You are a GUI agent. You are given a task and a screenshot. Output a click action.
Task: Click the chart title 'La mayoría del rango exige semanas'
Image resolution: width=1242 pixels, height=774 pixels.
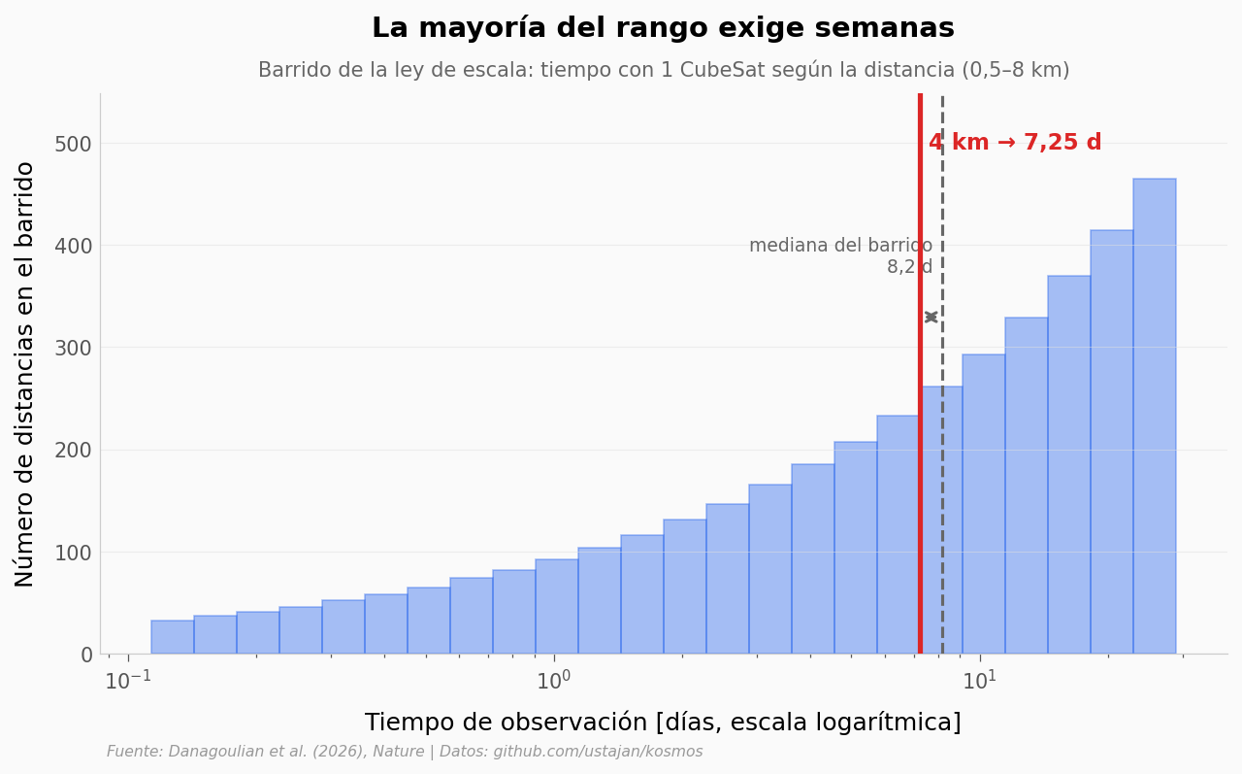(x=663, y=28)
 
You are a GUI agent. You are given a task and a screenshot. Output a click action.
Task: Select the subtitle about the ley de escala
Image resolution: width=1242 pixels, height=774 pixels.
(x=664, y=70)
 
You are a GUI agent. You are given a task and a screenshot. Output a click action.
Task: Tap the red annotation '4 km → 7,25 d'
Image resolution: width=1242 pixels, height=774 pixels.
(x=1015, y=142)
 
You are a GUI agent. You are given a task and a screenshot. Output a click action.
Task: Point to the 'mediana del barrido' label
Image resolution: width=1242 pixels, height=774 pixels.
(x=840, y=246)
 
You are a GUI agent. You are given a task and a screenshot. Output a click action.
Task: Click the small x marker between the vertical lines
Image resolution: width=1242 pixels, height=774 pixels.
(x=931, y=317)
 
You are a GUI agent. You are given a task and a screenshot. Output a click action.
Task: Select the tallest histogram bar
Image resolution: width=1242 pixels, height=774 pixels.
(x=1155, y=416)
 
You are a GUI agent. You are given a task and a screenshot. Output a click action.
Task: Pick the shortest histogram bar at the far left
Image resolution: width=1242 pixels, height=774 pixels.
(x=173, y=637)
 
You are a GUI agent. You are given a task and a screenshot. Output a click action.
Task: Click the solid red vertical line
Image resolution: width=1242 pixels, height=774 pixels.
(x=921, y=374)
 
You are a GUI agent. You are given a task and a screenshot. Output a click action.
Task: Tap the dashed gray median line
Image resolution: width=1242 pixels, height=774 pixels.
(x=942, y=374)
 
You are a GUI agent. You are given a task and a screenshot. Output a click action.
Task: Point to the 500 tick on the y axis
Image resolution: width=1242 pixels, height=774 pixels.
(x=73, y=144)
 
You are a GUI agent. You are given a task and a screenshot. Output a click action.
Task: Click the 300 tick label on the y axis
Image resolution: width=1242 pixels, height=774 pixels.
(x=73, y=348)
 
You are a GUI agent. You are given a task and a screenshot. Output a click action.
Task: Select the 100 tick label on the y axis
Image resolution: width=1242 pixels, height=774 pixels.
(x=73, y=553)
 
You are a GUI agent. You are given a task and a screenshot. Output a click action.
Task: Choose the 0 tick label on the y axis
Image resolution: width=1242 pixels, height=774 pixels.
(x=86, y=655)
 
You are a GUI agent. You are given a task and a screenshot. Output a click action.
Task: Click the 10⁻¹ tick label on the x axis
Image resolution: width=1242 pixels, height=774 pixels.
(x=128, y=680)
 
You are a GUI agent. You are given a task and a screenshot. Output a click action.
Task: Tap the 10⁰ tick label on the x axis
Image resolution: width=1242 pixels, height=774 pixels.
(x=553, y=680)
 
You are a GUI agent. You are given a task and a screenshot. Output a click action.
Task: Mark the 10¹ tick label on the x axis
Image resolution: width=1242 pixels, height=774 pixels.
(x=980, y=680)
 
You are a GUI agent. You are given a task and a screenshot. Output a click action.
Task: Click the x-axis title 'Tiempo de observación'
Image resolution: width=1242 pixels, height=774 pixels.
(x=663, y=723)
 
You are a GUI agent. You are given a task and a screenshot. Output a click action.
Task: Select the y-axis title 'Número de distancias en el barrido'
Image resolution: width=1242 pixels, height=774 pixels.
(x=24, y=375)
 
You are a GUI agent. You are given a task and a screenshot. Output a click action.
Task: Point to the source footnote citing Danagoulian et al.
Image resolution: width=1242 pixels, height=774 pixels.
(x=405, y=752)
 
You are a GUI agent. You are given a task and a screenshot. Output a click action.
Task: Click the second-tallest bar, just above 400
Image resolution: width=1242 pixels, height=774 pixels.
(x=1112, y=442)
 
